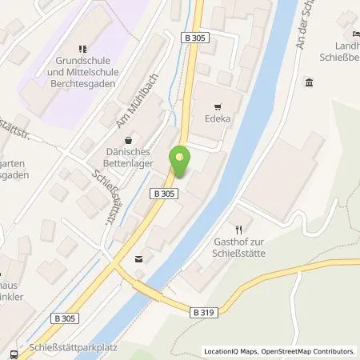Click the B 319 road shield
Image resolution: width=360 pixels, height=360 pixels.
[x=203, y=312]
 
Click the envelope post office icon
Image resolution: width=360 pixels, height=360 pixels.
[x=142, y=258]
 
